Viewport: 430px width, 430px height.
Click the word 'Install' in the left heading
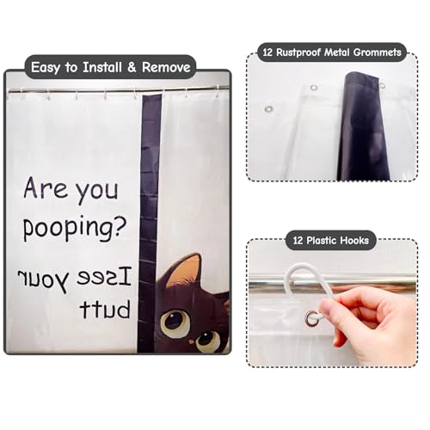click(102, 67)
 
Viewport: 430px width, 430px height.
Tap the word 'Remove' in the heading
click(166, 67)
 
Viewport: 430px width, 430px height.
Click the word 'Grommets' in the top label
click(378, 52)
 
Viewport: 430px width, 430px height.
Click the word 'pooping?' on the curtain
click(75, 228)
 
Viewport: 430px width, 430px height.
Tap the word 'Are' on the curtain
click(46, 187)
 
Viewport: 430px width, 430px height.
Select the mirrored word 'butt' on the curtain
click(105, 309)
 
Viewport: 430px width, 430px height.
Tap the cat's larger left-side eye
click(175, 322)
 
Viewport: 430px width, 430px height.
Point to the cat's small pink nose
click(191, 341)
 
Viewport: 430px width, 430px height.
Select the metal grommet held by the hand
click(311, 318)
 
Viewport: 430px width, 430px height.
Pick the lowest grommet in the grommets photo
click(268, 109)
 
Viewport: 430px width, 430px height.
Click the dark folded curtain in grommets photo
click(364, 126)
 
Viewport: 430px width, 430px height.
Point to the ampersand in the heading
click(132, 67)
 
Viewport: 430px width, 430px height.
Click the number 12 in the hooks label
click(298, 240)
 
